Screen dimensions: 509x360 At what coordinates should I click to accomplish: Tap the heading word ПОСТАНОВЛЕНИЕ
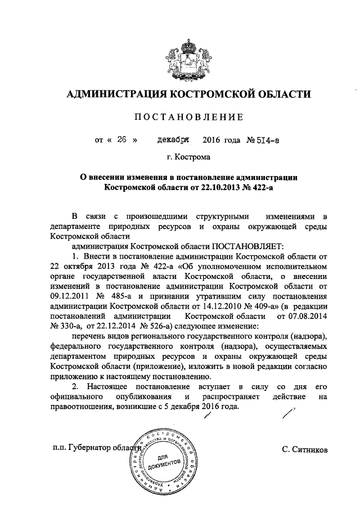point(188,117)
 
